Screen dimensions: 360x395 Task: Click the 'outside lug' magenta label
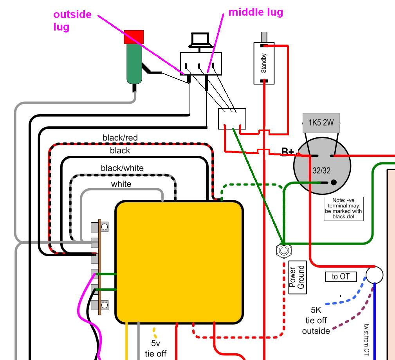click(72, 20)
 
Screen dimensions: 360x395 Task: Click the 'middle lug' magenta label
click(256, 12)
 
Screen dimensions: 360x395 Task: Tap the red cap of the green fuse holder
click(134, 37)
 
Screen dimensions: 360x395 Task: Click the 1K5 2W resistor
click(321, 123)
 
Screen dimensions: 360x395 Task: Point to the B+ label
click(288, 152)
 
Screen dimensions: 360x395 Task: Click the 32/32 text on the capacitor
click(321, 170)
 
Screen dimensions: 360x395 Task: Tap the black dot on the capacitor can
click(334, 182)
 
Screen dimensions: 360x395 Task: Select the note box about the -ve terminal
click(343, 209)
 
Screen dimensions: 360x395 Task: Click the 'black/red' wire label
click(120, 138)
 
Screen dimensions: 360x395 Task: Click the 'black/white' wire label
click(122, 168)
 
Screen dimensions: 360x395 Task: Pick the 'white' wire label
click(121, 184)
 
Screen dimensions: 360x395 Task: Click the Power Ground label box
click(297, 277)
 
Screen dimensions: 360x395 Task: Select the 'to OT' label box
click(341, 277)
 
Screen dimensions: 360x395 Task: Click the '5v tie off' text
click(156, 349)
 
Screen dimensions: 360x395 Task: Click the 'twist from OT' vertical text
click(366, 339)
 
